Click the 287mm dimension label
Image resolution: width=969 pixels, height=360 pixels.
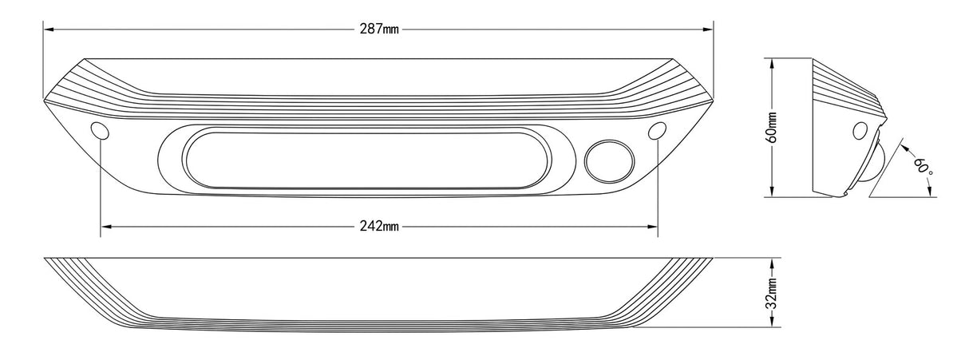tap(379, 29)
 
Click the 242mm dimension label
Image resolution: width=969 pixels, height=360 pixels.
tap(379, 226)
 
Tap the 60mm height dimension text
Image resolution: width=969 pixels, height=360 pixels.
tap(773, 127)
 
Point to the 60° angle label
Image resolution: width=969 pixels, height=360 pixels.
tap(924, 167)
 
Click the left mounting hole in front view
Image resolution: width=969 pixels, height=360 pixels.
tap(100, 130)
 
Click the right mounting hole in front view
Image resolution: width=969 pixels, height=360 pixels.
tap(658, 130)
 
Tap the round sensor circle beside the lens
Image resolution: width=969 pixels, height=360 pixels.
tap(609, 160)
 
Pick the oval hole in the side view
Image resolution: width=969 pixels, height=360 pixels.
tap(860, 131)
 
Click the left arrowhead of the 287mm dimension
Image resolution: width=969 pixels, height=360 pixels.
tap(49, 30)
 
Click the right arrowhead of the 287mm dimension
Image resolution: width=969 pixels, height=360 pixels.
tap(708, 30)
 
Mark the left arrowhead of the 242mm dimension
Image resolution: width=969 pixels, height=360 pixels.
tap(105, 227)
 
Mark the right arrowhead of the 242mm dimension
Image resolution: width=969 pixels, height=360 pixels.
tap(652, 227)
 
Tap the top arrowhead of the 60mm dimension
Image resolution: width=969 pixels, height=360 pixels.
tap(773, 64)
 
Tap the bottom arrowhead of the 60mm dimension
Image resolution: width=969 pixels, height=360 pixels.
tap(773, 192)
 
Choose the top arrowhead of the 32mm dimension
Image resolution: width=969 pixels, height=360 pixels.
tap(773, 263)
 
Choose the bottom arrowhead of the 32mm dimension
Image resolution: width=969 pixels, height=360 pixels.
tap(773, 322)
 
